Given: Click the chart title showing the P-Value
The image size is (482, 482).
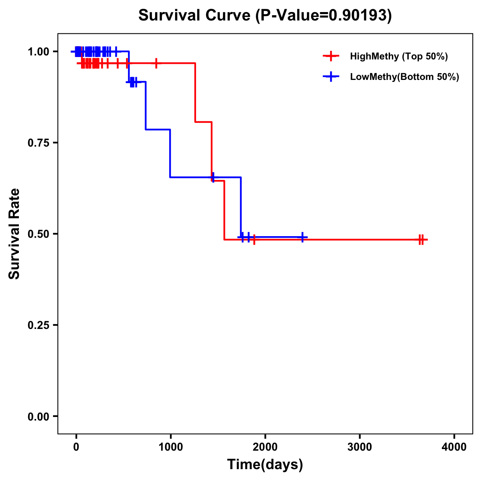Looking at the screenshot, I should point(265,15).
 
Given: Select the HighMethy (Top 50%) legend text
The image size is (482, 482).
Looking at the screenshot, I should point(399,56).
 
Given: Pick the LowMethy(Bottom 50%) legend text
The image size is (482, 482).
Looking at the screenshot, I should point(404,77).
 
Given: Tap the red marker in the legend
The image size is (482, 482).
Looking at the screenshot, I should point(331,56).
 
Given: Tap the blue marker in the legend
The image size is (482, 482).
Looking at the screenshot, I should point(331,77).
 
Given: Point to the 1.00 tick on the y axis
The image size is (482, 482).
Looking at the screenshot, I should point(38,52).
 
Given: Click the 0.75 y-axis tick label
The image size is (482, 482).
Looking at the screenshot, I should point(38,143).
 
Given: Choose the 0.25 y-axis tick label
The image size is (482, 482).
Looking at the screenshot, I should point(38,325).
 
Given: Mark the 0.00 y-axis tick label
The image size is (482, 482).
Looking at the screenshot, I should point(38,417).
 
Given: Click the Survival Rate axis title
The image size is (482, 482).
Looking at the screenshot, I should point(14,234).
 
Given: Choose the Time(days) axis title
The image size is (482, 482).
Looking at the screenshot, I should point(265,465).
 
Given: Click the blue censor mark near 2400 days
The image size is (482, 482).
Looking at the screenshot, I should point(302,237).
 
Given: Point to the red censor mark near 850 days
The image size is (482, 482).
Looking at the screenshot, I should point(156,63).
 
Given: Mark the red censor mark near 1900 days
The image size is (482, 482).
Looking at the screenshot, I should point(254,240).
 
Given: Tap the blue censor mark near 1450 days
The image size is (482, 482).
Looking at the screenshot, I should point(213,177).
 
